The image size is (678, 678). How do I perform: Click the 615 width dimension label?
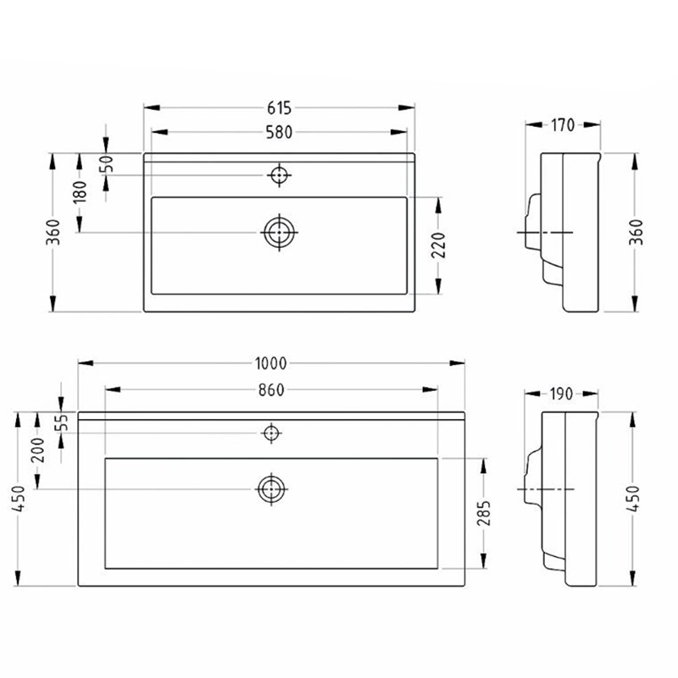click(280, 108)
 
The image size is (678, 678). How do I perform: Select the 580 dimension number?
click(280, 132)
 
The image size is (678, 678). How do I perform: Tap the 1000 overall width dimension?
click(270, 364)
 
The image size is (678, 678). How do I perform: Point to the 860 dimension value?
click(271, 390)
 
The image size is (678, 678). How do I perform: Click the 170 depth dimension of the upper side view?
click(563, 125)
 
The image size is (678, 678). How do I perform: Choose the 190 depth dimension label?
click(562, 394)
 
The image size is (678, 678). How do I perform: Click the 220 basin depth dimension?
click(438, 245)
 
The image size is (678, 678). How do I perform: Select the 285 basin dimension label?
click(484, 513)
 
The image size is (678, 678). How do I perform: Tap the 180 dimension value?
click(80, 192)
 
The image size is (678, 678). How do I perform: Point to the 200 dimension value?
click(38, 450)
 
